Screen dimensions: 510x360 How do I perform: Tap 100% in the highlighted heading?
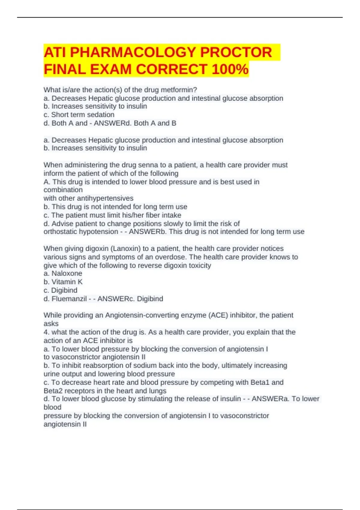click(x=230, y=70)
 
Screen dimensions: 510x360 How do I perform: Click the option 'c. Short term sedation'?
click(x=79, y=115)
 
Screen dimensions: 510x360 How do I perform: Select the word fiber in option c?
click(x=153, y=215)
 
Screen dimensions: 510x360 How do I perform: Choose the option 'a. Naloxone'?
click(x=63, y=273)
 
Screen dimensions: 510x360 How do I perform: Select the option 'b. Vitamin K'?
click(x=63, y=282)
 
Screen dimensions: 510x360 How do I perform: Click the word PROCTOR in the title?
click(x=236, y=52)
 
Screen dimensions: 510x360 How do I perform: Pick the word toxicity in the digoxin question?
click(x=200, y=265)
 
